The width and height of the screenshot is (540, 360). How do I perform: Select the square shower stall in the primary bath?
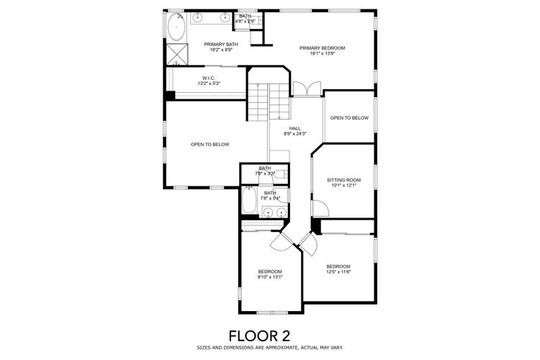coord(176,53)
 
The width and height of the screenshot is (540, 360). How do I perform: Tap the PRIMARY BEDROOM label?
coord(322,48)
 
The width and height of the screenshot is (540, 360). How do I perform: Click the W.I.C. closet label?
coord(209,78)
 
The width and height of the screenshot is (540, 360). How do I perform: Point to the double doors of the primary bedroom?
coord(307,89)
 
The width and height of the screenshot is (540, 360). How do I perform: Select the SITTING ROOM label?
coord(343,180)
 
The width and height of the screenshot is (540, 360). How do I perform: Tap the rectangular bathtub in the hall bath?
coord(250,199)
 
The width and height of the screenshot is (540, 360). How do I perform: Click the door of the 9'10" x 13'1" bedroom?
coord(279,245)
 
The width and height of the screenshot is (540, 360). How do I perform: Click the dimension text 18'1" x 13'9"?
coord(322,54)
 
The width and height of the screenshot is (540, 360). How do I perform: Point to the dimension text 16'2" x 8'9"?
coord(220,50)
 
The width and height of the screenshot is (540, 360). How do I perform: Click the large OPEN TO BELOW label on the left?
coord(210,145)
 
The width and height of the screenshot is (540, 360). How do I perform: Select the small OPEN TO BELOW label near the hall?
coord(349,118)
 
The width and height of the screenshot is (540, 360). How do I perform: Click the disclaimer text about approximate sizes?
coord(269,347)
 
